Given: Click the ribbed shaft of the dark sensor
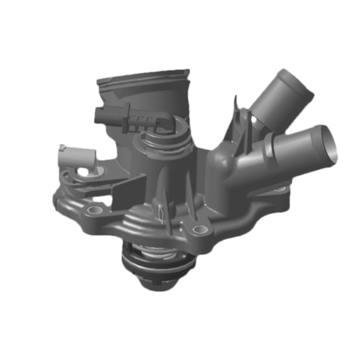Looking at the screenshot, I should (142, 121).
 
